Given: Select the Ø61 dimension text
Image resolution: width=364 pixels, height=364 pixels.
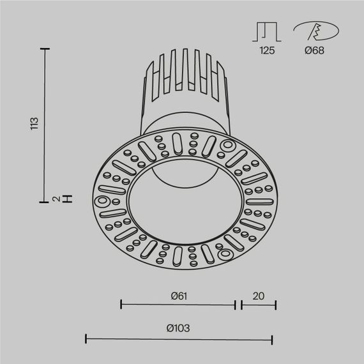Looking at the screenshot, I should [x=178, y=296].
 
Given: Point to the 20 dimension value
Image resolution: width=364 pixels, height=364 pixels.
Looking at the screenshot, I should [x=258, y=296].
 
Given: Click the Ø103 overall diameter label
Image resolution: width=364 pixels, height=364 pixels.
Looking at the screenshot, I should [x=178, y=328].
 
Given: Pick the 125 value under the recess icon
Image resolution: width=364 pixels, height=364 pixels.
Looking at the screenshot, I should [x=267, y=50].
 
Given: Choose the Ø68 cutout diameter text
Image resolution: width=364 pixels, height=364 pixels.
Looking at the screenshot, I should [x=314, y=50].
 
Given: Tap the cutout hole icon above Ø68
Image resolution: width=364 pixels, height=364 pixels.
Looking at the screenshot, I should [x=313, y=31].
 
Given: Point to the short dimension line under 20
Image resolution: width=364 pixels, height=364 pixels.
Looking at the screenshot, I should [x=259, y=305].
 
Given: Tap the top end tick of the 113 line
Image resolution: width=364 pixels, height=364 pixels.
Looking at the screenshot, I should [x=45, y=49].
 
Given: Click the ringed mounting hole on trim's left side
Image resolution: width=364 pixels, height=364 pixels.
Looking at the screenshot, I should [x=102, y=202].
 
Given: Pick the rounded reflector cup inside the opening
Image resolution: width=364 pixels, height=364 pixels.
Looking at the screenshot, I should [x=180, y=169].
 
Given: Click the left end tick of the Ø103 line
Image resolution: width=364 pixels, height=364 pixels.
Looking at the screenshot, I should [x=86, y=338].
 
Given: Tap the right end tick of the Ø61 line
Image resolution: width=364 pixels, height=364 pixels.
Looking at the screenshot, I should [x=236, y=305].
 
